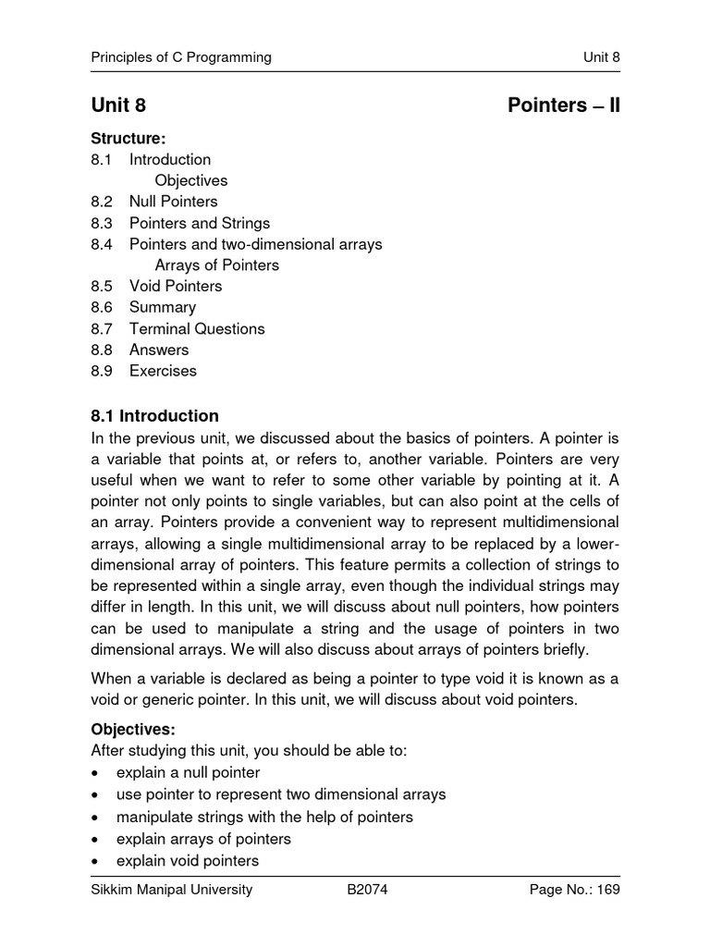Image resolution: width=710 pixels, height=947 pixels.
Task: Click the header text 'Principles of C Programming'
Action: pyautogui.click(x=181, y=57)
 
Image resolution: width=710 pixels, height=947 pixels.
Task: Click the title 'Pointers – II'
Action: pyautogui.click(x=564, y=105)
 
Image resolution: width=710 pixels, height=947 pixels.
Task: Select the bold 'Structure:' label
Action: pyautogui.click(x=128, y=139)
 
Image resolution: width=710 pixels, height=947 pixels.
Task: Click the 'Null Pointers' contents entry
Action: pyautogui.click(x=174, y=202)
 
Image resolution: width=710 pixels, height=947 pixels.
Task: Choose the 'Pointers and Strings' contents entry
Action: pyautogui.click(x=200, y=223)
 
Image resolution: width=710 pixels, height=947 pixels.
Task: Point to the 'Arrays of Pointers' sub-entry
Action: pyautogui.click(x=216, y=265)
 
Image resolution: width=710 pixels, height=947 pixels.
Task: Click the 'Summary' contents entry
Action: pyautogui.click(x=163, y=307)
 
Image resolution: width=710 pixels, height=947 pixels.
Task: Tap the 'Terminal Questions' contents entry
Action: pyautogui.click(x=197, y=328)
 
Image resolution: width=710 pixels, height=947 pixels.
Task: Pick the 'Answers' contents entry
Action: pyautogui.click(x=159, y=350)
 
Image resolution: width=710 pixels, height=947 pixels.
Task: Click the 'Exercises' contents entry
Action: pyautogui.click(x=163, y=371)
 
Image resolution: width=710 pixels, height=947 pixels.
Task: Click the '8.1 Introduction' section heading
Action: pyautogui.click(x=155, y=416)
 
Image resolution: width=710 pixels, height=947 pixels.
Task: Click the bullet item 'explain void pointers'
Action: pyautogui.click(x=188, y=861)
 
